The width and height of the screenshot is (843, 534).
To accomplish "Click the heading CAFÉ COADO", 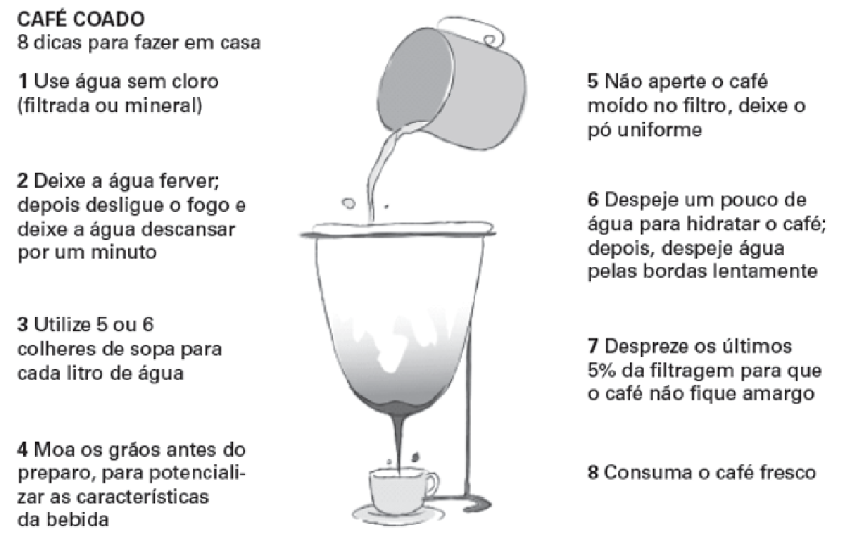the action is (81, 19).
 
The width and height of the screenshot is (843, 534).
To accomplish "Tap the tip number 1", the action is (23, 81).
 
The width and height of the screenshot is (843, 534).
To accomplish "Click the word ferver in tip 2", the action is (190, 181).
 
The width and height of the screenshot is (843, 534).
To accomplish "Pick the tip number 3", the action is (23, 325).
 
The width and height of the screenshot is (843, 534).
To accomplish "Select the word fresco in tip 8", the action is (788, 473).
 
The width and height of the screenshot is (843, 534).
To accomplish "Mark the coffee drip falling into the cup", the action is (399, 440).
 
